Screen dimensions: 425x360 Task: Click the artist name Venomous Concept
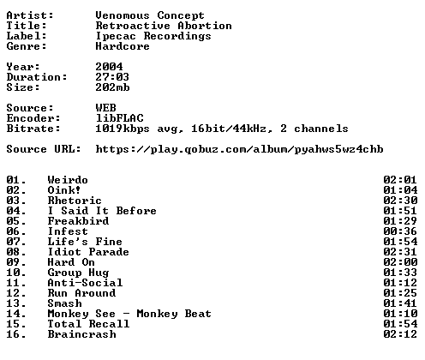150,15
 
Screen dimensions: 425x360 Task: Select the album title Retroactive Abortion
164,26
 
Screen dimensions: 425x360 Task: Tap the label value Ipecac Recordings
153,37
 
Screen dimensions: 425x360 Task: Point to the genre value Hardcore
123,46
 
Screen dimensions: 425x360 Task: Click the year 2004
109,67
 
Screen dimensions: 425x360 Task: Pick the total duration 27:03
112,77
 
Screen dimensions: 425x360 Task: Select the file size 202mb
112,87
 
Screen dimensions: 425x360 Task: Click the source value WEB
105,108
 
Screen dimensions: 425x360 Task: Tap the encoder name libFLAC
119,118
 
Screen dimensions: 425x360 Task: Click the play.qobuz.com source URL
239,149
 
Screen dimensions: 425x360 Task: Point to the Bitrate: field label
33,129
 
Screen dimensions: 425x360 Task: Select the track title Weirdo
68,180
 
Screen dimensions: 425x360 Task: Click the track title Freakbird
78,221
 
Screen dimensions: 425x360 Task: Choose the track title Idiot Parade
88,252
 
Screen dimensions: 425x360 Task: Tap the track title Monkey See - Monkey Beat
129,314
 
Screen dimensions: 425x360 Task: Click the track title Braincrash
81,334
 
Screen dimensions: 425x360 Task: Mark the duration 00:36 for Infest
400,231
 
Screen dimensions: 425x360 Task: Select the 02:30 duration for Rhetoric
400,201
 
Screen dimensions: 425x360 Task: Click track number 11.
16,283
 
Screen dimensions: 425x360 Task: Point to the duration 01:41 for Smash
400,303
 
